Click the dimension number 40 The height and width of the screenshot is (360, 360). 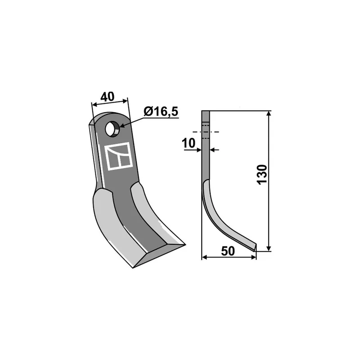coord(107,97)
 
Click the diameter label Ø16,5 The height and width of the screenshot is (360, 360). coord(161,112)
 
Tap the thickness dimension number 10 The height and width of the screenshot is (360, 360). coord(188,143)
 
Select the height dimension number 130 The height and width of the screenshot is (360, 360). coord(262,175)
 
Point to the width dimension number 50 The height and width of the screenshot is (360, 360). coord(228,251)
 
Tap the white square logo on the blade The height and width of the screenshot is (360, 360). coord(118,156)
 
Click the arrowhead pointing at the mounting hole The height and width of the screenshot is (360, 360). coord(122,126)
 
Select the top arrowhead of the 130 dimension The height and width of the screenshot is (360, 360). coord(269,114)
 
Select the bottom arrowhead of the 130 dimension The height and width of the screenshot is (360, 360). coord(269,248)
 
